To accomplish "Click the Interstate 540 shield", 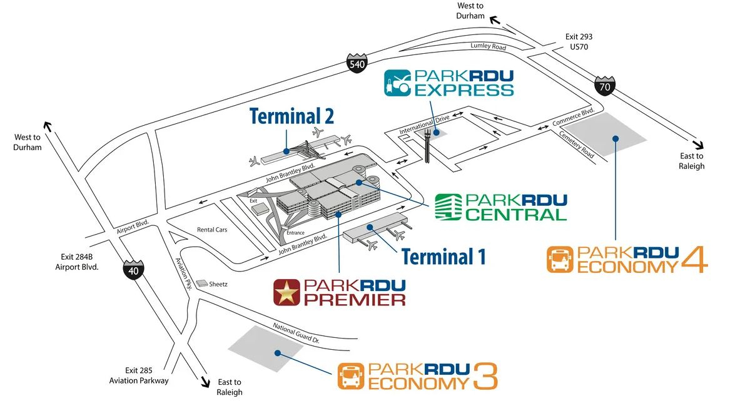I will [357, 63].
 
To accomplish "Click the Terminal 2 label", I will [291, 116].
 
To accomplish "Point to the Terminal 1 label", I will [443, 257].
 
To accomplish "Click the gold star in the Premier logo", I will [287, 292].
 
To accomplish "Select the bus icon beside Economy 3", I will [351, 376].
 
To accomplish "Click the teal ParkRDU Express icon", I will [397, 83].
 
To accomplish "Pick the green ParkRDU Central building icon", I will [448, 207].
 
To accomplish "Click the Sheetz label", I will [218, 284].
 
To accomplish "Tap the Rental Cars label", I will [212, 230].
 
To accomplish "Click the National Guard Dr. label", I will [296, 333].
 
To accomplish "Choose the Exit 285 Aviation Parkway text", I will [139, 375].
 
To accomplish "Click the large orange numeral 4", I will [694, 259].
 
